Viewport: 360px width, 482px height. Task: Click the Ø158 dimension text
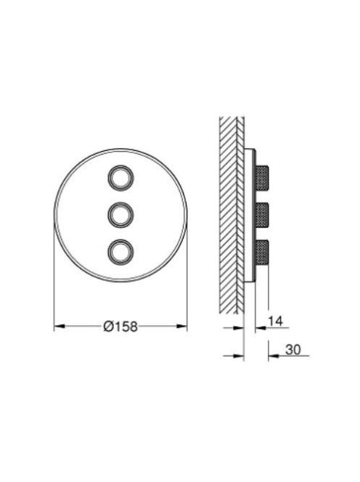[x=120, y=326]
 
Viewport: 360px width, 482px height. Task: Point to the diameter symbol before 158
[x=109, y=326]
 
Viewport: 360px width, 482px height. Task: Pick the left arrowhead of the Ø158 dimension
[x=60, y=326]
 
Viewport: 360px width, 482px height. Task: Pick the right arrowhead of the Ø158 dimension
[x=181, y=326]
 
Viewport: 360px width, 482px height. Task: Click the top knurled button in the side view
[x=262, y=177]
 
